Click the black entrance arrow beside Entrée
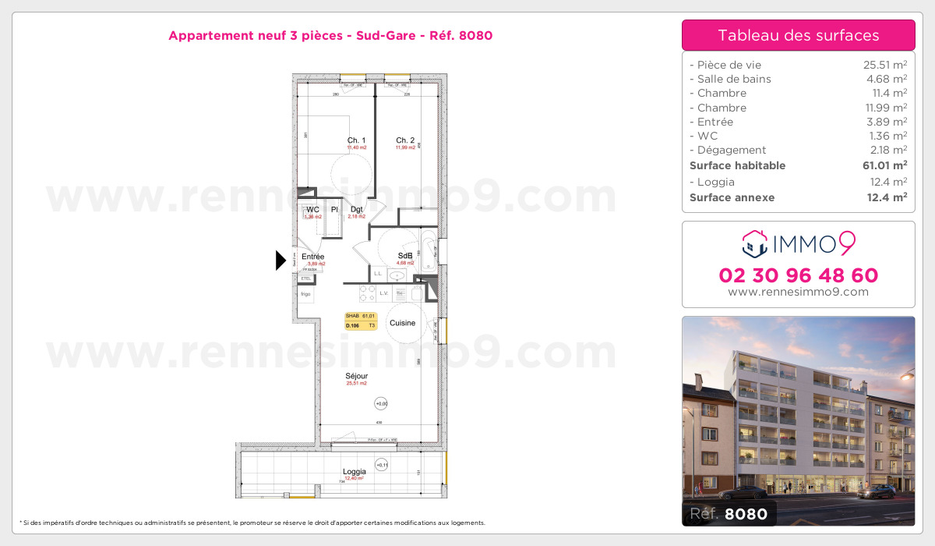click(x=281, y=261)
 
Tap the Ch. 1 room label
click(x=357, y=140)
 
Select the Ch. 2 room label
click(x=405, y=140)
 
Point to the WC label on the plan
click(x=312, y=210)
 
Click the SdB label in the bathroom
click(x=405, y=256)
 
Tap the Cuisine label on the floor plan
click(x=403, y=323)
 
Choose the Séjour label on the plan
click(x=357, y=376)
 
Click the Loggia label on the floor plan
click(x=354, y=472)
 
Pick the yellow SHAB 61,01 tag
click(x=361, y=321)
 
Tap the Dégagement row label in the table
click(x=732, y=150)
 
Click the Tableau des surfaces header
click(x=799, y=35)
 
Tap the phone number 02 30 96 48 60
click(x=799, y=275)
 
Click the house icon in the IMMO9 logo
click(x=754, y=243)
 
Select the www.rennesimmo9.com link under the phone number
click(x=799, y=292)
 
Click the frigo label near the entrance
click(x=305, y=294)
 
